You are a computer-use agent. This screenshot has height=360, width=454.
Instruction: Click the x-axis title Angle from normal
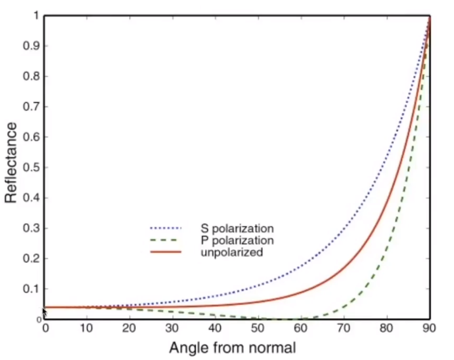233,348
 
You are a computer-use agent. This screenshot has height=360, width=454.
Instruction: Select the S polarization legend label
237,228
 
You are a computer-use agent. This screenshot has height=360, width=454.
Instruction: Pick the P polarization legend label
237,240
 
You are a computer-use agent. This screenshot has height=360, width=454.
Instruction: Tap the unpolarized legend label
231,252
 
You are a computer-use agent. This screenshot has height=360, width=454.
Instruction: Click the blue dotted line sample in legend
165,228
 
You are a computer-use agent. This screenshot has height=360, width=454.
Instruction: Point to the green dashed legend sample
165,240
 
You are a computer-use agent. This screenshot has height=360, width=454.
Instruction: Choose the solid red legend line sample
165,252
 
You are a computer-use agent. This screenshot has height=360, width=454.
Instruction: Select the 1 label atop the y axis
35,16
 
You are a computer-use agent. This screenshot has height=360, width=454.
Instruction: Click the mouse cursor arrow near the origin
45,312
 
